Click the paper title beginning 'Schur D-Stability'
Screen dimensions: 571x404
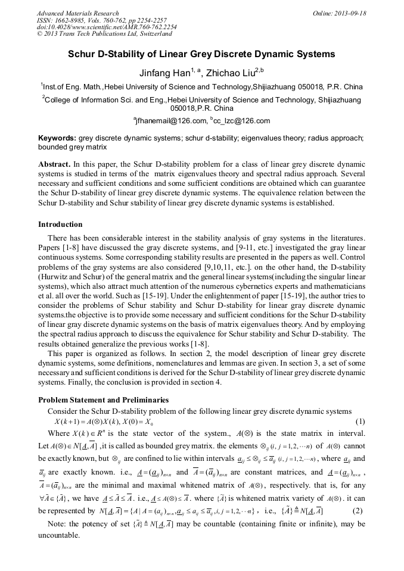coord(201,54)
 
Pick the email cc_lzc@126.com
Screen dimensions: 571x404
coord(241,121)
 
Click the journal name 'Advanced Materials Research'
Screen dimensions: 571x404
coord(77,13)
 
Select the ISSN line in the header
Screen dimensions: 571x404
coord(101,20)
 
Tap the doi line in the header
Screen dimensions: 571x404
coord(106,27)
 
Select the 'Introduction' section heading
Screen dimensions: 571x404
coord(60,224)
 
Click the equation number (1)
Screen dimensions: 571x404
coord(360,422)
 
